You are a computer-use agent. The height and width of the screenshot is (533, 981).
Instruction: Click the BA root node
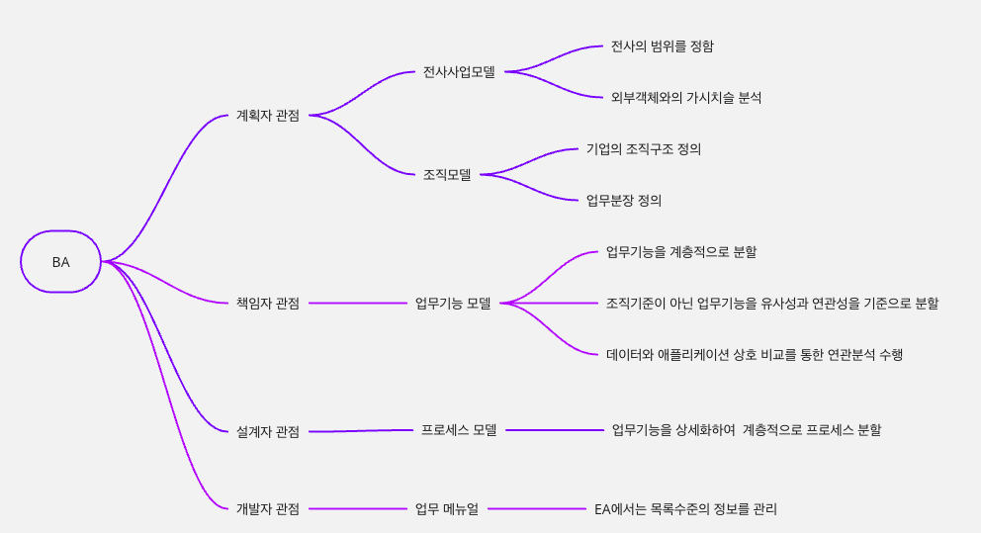coord(60,262)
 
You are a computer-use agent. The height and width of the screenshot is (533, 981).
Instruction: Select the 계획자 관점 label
coord(267,116)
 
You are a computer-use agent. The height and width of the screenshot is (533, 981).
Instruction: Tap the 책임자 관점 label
coord(267,303)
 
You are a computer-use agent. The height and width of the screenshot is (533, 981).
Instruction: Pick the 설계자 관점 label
coord(267,431)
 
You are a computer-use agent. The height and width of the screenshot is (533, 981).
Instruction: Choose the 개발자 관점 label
coord(267,508)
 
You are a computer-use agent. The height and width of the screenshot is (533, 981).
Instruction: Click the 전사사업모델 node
coord(459,72)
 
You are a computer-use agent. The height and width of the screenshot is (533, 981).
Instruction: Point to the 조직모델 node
coord(447,175)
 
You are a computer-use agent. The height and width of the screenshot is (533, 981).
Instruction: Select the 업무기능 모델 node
coord(453,303)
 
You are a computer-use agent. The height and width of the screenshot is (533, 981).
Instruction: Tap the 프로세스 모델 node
coord(459,430)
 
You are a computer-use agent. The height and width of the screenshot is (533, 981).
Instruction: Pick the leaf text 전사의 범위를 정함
coord(662,46)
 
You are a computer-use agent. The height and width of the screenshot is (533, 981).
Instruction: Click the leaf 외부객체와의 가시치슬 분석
coord(685,98)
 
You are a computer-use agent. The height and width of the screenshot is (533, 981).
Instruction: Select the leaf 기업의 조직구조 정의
coord(643,149)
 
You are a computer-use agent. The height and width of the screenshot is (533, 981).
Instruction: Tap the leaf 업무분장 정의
coord(623,201)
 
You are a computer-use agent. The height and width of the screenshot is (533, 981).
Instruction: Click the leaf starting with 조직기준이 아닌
coord(771,303)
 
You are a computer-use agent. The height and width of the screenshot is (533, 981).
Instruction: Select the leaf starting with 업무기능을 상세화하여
coord(746,430)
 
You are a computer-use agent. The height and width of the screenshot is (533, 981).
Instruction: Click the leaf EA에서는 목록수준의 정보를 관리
coord(685,508)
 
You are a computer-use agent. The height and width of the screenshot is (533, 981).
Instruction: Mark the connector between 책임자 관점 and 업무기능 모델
coord(356,303)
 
